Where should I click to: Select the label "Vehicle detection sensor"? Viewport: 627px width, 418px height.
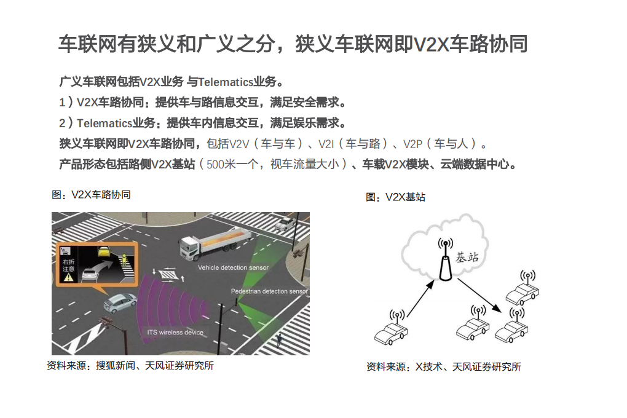tap(233, 268)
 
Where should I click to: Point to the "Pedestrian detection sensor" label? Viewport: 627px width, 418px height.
tap(269, 291)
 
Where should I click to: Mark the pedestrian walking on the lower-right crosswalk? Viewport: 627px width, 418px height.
tap(280, 340)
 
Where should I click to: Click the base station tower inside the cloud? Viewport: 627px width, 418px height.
tap(445, 261)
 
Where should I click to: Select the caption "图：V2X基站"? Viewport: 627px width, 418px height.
tap(395, 197)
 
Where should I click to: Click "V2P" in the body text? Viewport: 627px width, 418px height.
tap(412, 144)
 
